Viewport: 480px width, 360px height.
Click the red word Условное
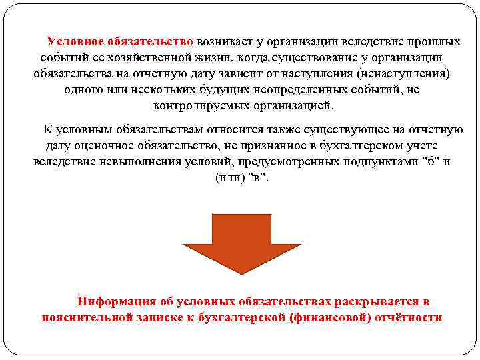point(74,41)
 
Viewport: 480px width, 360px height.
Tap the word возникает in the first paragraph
point(224,41)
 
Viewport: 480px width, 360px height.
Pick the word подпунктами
point(381,161)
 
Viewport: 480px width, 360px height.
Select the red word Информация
point(115,301)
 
